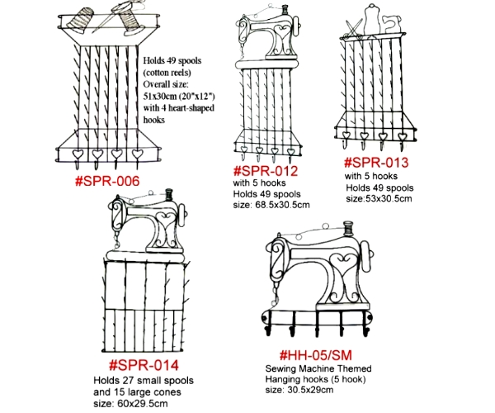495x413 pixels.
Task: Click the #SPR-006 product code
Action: tap(107, 182)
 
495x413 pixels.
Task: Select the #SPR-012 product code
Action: tap(266, 171)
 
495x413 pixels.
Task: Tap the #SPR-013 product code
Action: tap(376, 163)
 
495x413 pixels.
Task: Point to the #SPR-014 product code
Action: tap(144, 365)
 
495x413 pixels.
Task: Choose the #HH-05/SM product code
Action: tap(316, 355)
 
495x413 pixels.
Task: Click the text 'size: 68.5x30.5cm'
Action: tap(271, 205)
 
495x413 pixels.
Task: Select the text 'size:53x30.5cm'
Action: tap(379, 198)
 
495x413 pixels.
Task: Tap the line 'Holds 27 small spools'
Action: tap(144, 380)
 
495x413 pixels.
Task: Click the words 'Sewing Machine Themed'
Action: tap(318, 368)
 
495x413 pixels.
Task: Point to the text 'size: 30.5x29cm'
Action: tap(299, 390)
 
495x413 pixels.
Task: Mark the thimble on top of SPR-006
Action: tap(80, 20)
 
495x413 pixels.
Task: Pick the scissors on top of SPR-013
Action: tap(354, 28)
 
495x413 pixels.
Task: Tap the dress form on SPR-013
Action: tap(372, 18)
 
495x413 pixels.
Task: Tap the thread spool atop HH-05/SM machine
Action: tap(347, 229)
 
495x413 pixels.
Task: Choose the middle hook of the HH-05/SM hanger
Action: tap(318, 325)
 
